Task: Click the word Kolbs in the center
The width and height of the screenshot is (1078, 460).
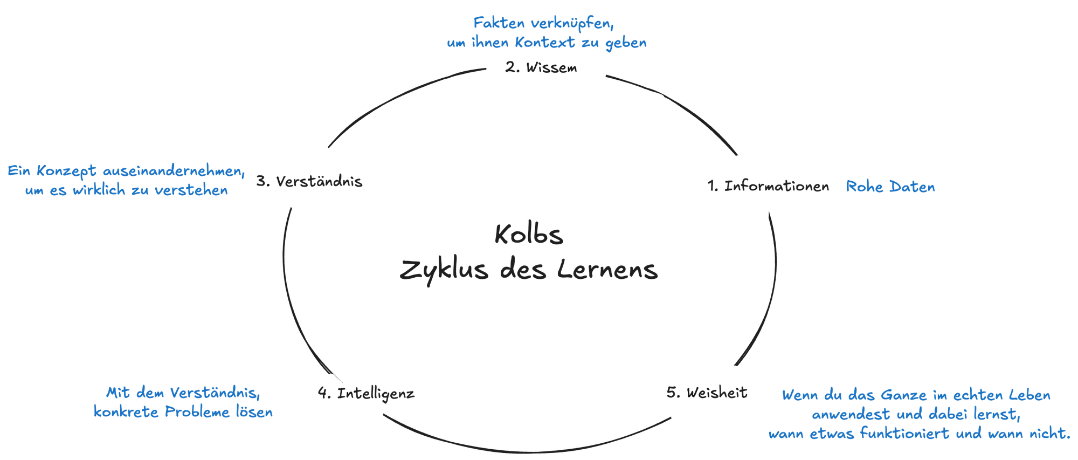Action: [x=529, y=235]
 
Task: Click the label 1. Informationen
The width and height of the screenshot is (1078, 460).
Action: [x=768, y=187]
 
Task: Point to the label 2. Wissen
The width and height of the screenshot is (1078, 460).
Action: [x=542, y=68]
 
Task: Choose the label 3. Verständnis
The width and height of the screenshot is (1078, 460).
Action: [x=309, y=181]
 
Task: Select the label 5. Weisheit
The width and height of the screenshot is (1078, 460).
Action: [x=707, y=393]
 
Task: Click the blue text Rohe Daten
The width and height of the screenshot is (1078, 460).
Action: [x=890, y=187]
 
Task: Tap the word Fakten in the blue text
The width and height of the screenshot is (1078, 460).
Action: [x=499, y=24]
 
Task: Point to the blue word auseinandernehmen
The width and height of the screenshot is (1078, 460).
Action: [x=174, y=171]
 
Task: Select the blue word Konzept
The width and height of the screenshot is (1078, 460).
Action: [x=66, y=171]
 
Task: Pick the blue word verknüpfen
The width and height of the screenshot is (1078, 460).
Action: [x=572, y=24]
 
